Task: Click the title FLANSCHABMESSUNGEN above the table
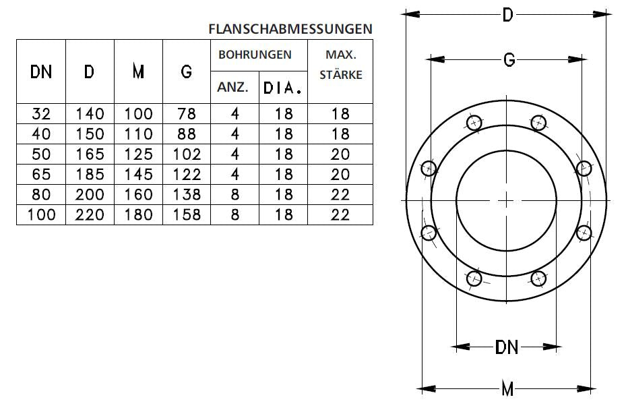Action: [x=290, y=29]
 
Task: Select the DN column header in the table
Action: [x=41, y=71]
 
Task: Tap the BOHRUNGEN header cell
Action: [x=259, y=55]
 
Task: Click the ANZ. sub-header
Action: [x=234, y=87]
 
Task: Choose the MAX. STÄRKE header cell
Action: [x=340, y=64]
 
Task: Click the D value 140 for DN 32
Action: [x=90, y=114]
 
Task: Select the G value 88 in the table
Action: [x=187, y=134]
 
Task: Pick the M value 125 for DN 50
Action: [x=138, y=154]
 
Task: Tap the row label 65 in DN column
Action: [x=41, y=175]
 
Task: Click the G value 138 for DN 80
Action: [x=187, y=195]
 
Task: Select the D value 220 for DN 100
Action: [x=90, y=215]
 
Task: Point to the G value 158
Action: [x=187, y=215]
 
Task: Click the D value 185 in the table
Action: [x=90, y=175]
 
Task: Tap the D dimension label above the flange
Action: [x=507, y=15]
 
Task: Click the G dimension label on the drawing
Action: [x=509, y=60]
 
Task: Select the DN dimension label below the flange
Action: [x=507, y=347]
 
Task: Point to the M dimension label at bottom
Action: [x=507, y=389]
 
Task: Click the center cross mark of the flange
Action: [x=507, y=200]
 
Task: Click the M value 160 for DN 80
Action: [x=138, y=195]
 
